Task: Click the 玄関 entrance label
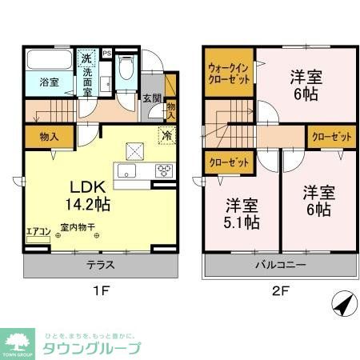pos(151,98)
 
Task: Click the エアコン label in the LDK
pos(38,232)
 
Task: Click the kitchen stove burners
pos(164,170)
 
